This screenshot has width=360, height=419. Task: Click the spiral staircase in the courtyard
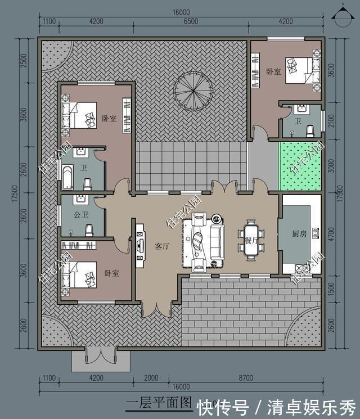click(x=191, y=91)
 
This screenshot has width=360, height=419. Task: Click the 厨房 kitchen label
click(x=299, y=234)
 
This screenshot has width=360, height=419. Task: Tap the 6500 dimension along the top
click(x=191, y=21)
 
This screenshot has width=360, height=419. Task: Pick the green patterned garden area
click(x=300, y=166)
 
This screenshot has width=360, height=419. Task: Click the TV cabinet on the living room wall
click(x=138, y=242)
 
